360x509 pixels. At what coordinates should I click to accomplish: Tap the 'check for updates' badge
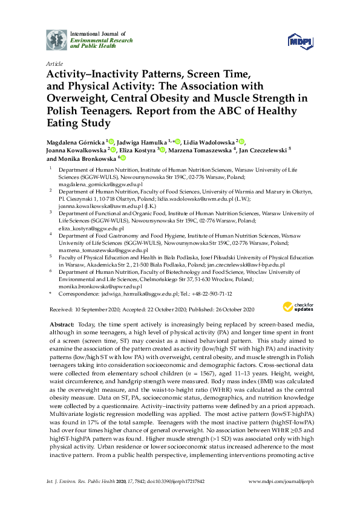(x=297, y=308)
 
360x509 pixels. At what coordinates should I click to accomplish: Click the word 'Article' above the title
(x=54, y=63)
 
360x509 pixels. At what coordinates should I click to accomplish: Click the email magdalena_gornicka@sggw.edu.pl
(x=93, y=186)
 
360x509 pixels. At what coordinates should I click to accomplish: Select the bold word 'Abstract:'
(x=60, y=325)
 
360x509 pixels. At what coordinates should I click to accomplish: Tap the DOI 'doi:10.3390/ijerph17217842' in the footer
(x=163, y=498)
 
